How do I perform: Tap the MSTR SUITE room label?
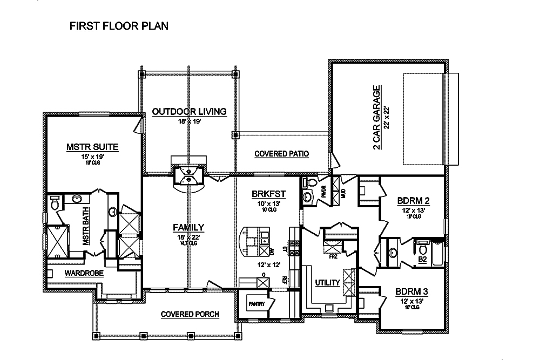point(92,146)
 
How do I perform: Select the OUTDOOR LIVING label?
point(188,112)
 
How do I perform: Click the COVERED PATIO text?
point(281,154)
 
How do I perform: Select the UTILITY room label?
point(327,283)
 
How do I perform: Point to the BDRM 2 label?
point(413,201)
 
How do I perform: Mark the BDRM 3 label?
point(413,292)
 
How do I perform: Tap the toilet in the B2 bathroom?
point(423,250)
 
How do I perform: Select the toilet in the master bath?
point(54,204)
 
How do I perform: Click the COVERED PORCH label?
point(185,314)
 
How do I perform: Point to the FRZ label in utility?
point(333,257)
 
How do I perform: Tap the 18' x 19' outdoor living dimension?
point(188,122)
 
